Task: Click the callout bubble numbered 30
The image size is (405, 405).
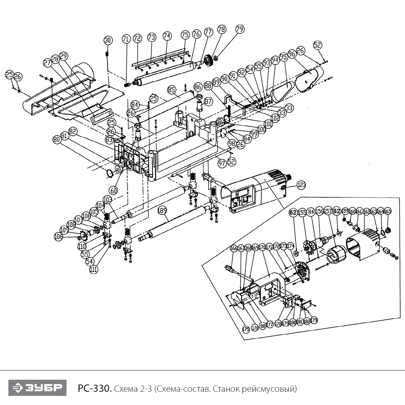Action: coord(108,40)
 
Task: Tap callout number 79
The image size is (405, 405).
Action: coord(240,29)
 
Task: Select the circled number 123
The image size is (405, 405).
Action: coord(301,185)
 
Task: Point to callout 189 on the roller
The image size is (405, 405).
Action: coord(162,210)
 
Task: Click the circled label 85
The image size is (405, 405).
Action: coord(172,90)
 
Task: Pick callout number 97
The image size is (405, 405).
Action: coord(222,163)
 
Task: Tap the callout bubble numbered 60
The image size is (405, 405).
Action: coord(114,191)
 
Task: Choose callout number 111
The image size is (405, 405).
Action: coord(94,269)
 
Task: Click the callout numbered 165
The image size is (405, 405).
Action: coord(387,211)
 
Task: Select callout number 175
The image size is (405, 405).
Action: coord(246,329)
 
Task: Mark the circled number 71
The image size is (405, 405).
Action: coord(126,39)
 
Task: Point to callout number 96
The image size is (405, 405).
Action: coord(292,54)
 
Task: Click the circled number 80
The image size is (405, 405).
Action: coord(56,140)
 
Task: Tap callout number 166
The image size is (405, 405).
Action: coord(234,248)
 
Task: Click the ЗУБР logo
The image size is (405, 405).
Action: coord(37,388)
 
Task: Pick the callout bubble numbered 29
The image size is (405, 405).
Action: coord(64,56)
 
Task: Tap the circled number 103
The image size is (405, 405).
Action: coord(107,200)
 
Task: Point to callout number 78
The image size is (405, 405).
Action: coord(222,29)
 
